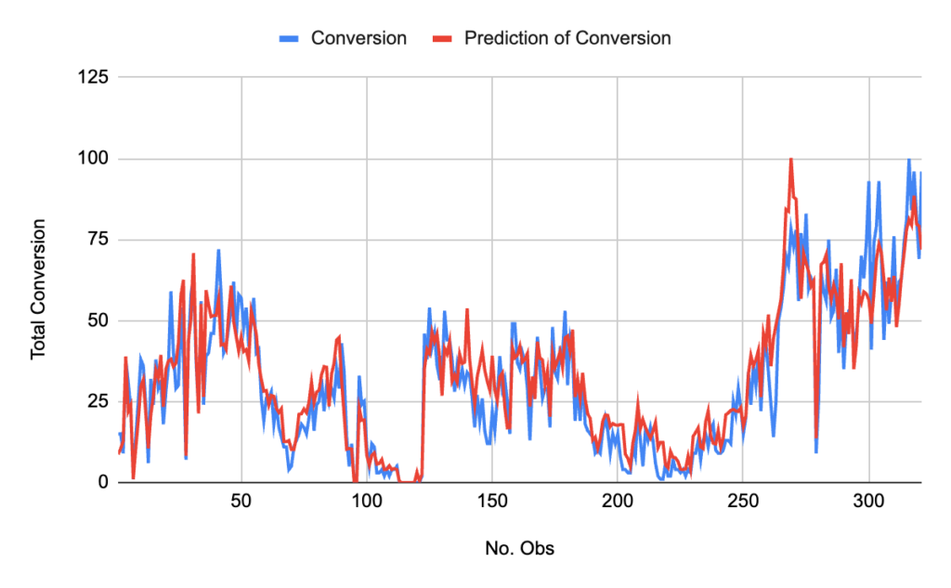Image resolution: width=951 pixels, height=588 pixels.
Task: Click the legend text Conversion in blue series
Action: coord(358,38)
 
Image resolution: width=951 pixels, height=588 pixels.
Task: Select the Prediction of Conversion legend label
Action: coord(567,38)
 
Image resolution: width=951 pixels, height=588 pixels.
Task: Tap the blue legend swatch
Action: coord(290,39)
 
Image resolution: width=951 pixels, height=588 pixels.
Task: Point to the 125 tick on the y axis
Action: coord(94,77)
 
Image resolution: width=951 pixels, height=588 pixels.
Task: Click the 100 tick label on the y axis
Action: coord(94,159)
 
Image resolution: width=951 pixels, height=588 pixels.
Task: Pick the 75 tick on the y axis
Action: coord(98,240)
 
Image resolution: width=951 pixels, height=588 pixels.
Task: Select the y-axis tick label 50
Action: coord(98,320)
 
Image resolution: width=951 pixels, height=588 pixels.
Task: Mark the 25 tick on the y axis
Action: coord(98,401)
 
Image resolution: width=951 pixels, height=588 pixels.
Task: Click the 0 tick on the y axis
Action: coord(102,482)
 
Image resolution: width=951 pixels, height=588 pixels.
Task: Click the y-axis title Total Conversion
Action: coord(39,289)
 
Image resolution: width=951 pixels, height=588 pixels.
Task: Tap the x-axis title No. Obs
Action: coord(519,548)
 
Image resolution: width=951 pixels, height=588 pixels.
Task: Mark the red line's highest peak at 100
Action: coord(790,160)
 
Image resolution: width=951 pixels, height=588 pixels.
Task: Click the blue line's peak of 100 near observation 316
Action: coord(909,160)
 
